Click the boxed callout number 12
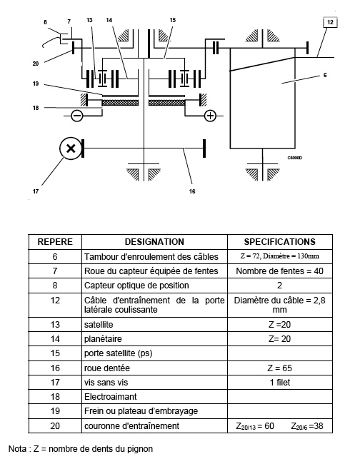330,23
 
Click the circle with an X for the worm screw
71,148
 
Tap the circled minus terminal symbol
77,116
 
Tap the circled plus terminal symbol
210,116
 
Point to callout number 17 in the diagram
36,191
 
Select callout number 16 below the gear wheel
192,191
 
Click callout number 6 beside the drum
325,75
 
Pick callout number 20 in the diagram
36,64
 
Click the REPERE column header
55,242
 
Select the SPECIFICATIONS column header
280,242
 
